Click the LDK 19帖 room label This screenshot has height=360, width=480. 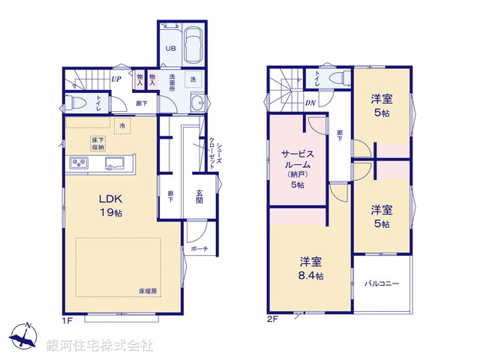(x=109, y=205)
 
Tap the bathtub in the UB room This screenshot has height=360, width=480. (x=192, y=46)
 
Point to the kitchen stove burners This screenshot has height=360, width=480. (x=79, y=163)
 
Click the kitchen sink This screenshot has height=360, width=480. (x=115, y=163)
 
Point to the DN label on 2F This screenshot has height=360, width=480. (x=310, y=103)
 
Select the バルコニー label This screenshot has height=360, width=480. (x=382, y=284)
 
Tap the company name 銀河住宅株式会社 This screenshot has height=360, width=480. (x=99, y=346)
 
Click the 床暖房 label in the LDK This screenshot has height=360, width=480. (x=148, y=289)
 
